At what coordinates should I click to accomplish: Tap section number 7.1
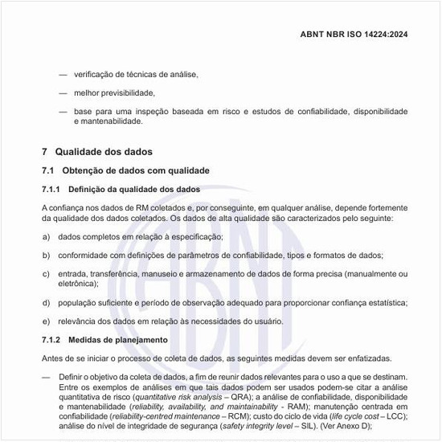point(47,170)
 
